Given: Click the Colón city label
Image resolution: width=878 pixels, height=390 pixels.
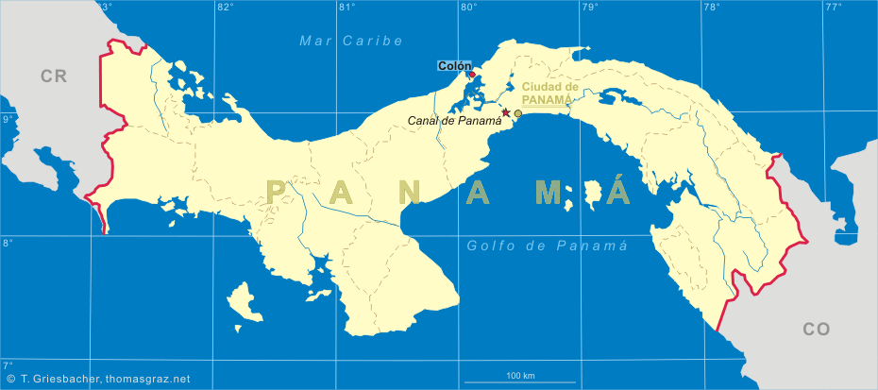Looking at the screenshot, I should [x=453, y=66].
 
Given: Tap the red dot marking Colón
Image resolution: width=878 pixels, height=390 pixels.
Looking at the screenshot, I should [x=471, y=75].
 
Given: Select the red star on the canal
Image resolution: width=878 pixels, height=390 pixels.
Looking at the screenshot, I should [x=506, y=112].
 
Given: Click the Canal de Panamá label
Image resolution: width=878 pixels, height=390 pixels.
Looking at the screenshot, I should [x=455, y=121].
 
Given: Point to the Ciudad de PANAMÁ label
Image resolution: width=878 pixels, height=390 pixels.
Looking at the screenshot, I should [x=547, y=92].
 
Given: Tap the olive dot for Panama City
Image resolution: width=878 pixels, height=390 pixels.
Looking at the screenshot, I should [x=517, y=113].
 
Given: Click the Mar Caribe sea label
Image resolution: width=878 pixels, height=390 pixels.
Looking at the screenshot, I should [x=351, y=41].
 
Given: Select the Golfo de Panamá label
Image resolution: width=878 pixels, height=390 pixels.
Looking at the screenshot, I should [x=548, y=246].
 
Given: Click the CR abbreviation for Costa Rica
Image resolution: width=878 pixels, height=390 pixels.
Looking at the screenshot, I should [x=54, y=76].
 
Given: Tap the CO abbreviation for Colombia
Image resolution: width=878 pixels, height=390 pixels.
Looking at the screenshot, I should [x=816, y=329].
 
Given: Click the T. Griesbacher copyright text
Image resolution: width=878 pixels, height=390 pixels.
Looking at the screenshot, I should [x=98, y=379].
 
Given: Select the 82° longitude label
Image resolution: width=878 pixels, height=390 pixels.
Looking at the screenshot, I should [x=225, y=8].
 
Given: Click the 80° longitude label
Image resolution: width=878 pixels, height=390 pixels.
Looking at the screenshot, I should [x=468, y=8].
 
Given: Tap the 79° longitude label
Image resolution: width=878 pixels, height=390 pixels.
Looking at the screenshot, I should [x=590, y=8].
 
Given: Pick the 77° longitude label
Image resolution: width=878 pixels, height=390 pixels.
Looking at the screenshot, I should [x=833, y=8].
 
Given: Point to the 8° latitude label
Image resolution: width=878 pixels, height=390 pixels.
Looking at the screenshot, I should [x=7, y=243].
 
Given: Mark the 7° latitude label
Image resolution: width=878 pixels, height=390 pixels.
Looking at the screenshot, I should [x=7, y=365].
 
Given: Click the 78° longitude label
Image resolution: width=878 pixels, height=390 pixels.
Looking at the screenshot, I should [x=711, y=8].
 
